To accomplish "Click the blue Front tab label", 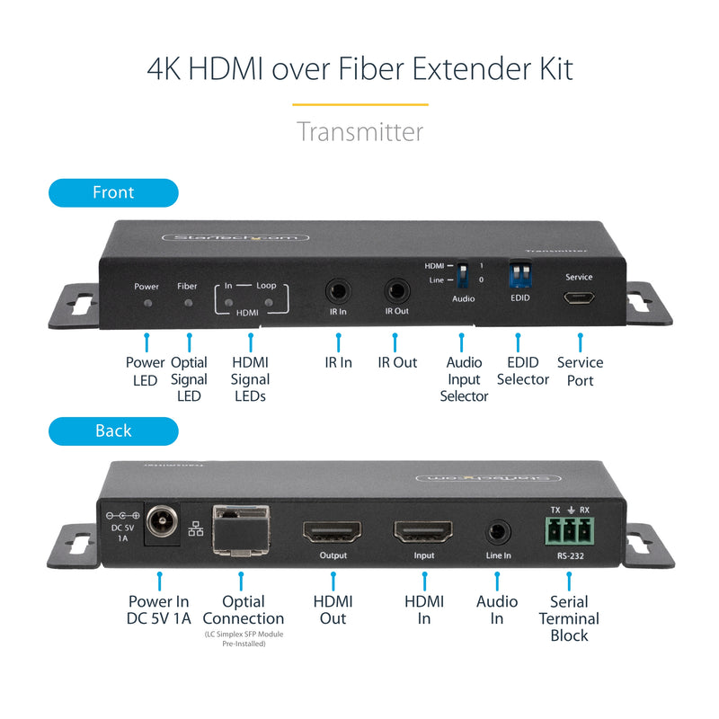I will coord(113,192).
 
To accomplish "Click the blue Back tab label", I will coord(113,431).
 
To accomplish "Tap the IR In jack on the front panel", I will coord(338,290).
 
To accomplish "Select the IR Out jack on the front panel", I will coord(396,290).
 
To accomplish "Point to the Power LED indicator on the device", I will coord(146,303).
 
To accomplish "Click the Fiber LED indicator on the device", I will coord(188,303).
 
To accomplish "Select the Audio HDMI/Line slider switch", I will coord(463,272).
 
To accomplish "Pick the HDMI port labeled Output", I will coord(333,532).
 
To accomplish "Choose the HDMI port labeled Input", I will coord(422,532).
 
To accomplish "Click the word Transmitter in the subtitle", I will coord(359,131).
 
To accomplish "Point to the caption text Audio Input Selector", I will coord(464,379).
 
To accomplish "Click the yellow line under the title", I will coord(359,104).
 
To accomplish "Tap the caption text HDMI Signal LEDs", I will coord(250,379).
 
